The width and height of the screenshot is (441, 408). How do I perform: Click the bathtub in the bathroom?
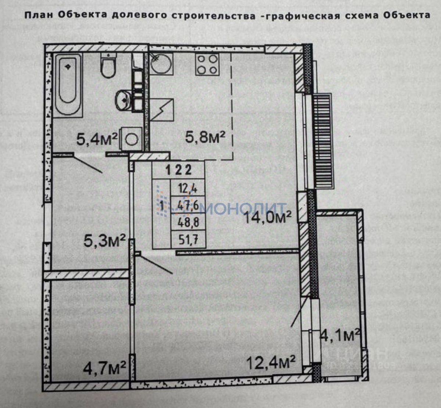click(68, 84)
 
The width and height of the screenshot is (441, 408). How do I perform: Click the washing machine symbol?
click(132, 139)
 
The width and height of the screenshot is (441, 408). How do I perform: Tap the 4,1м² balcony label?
click(340, 335)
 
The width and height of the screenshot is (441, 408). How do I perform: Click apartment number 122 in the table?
click(179, 170)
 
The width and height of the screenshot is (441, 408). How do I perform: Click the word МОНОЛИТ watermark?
click(244, 208)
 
